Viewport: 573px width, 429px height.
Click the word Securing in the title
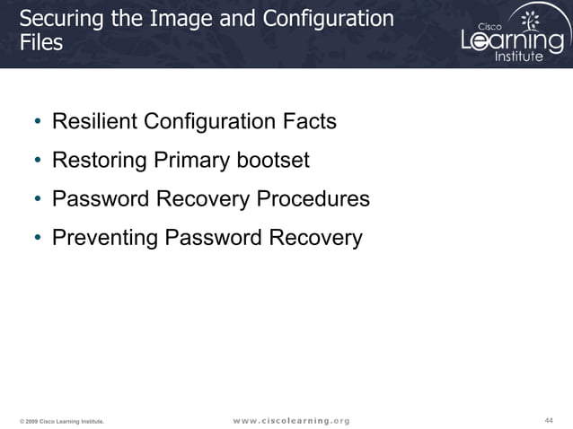(x=58, y=19)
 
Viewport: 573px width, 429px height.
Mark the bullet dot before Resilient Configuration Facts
(x=38, y=122)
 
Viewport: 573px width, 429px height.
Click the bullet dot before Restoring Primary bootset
(x=38, y=162)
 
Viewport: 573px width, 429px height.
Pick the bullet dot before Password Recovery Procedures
(x=38, y=200)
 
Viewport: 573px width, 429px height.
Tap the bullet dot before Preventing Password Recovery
(x=38, y=239)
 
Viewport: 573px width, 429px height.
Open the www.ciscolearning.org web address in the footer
(x=291, y=420)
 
